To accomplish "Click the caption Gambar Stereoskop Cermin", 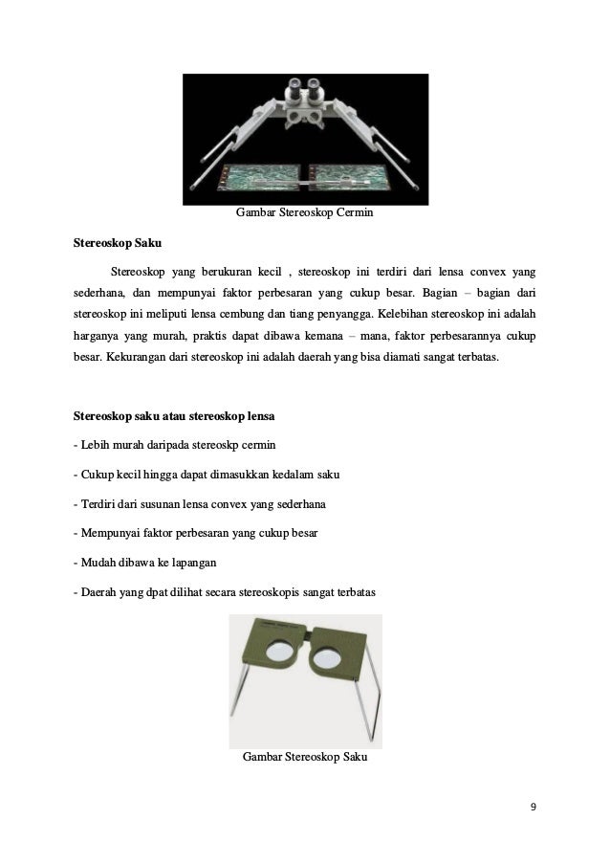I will click(304, 212).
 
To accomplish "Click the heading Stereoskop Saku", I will click(118, 243).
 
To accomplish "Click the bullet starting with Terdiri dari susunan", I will click(202, 505).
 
